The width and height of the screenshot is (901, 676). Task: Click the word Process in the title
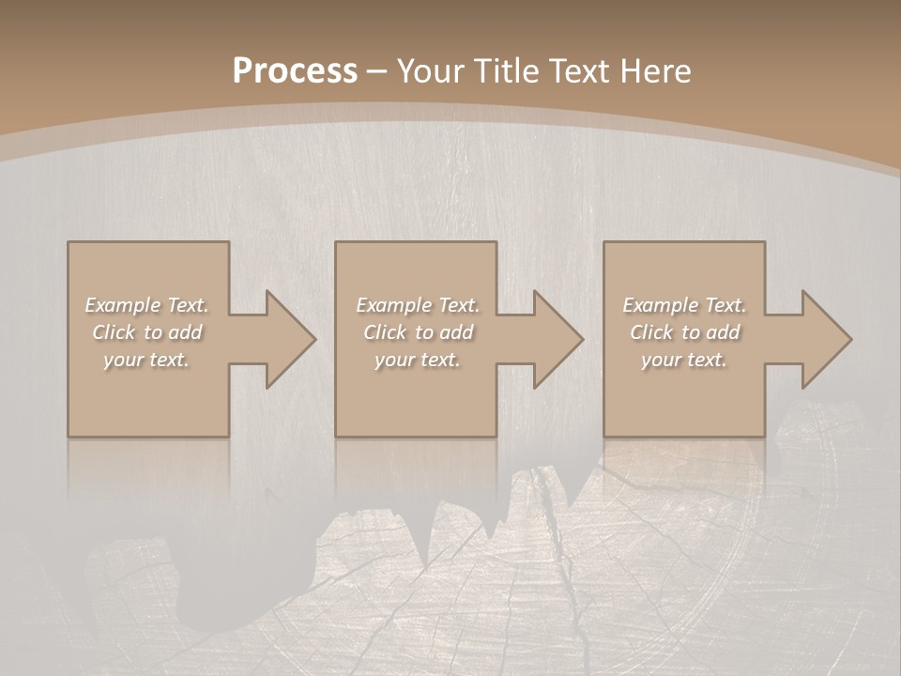[x=295, y=71]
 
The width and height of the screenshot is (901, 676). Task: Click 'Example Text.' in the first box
[x=146, y=305]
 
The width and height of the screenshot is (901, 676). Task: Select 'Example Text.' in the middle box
[x=417, y=305]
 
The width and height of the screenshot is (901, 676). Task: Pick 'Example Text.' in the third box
[x=684, y=305]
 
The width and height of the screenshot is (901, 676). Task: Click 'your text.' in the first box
[x=146, y=360]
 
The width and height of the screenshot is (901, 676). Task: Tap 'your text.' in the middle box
[x=417, y=360]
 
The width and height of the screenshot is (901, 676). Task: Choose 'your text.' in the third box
[x=684, y=360]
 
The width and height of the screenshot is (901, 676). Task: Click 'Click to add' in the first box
[x=146, y=332]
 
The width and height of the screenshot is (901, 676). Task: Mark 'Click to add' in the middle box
[x=417, y=332]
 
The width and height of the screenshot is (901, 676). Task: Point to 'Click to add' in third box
[x=684, y=332]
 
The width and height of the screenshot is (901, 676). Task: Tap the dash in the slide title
[x=377, y=71]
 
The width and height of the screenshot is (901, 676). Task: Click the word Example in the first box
[x=123, y=305]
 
